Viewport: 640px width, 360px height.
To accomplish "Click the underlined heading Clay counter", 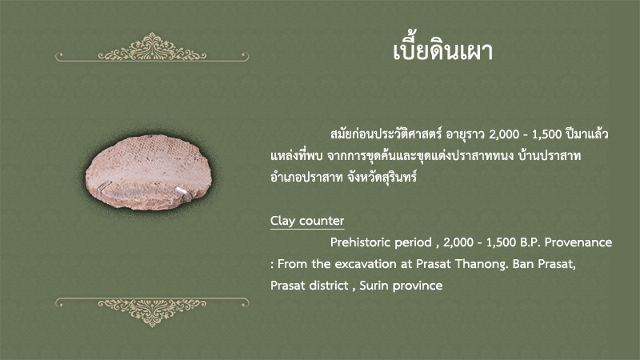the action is pyautogui.click(x=307, y=221).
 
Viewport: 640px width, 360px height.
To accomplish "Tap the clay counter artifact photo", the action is pyautogui.click(x=149, y=172).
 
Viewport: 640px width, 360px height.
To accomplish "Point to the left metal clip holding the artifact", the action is pyautogui.click(x=104, y=187).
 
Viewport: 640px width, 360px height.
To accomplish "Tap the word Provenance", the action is pyautogui.click(x=578, y=242).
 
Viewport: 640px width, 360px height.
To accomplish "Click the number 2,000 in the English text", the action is pyautogui.click(x=458, y=243).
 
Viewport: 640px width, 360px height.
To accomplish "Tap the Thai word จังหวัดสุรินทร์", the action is pyautogui.click(x=382, y=177).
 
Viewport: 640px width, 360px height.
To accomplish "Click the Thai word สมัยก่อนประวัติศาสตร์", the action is pyautogui.click(x=386, y=134).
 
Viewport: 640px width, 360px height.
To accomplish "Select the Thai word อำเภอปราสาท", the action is pyautogui.click(x=306, y=177).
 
